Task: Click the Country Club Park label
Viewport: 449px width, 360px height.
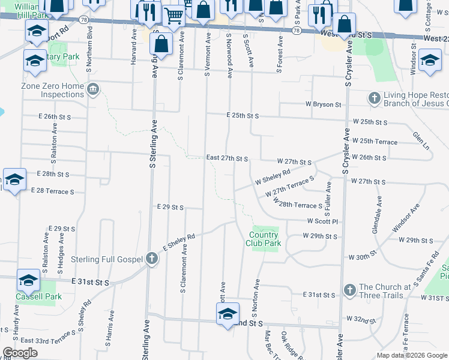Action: pyautogui.click(x=264, y=239)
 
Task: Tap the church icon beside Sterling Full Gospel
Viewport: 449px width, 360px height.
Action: pyautogui.click(x=152, y=259)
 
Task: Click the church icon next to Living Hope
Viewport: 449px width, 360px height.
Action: pyautogui.click(x=373, y=98)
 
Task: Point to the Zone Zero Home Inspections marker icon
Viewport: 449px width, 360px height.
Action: pyautogui.click(x=93, y=91)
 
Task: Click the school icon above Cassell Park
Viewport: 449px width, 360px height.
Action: pyautogui.click(x=28, y=280)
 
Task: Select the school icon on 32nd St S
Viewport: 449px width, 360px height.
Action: pyautogui.click(x=228, y=314)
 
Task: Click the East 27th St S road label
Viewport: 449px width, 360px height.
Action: pyautogui.click(x=227, y=158)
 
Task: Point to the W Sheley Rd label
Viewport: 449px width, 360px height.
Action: pyautogui.click(x=273, y=176)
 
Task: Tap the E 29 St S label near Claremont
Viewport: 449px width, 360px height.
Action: pyautogui.click(x=170, y=206)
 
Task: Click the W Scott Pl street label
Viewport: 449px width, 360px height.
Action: pyautogui.click(x=323, y=221)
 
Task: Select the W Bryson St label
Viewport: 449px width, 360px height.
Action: pyautogui.click(x=323, y=104)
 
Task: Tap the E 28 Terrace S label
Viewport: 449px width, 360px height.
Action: pyautogui.click(x=52, y=192)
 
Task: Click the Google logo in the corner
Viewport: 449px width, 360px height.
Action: pyautogui.click(x=20, y=353)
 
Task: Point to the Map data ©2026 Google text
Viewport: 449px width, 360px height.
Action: pyautogui.click(x=411, y=355)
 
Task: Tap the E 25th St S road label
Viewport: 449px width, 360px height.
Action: pyautogui.click(x=243, y=115)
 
